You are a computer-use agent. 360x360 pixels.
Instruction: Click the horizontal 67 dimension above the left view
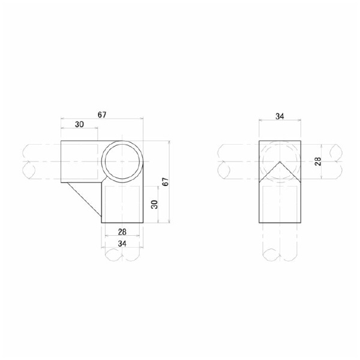102,115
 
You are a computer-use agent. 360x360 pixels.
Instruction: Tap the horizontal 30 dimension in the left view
79,125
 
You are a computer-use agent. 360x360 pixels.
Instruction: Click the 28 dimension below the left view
122,232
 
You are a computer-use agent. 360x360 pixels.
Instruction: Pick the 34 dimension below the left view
122,243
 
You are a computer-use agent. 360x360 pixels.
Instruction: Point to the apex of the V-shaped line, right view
279,161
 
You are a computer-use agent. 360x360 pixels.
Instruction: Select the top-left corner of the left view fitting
61,142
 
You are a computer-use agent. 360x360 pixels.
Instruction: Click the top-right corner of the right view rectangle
299,142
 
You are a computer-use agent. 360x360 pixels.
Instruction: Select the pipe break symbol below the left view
122,255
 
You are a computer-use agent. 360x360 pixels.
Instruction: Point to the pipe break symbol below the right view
279,255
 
